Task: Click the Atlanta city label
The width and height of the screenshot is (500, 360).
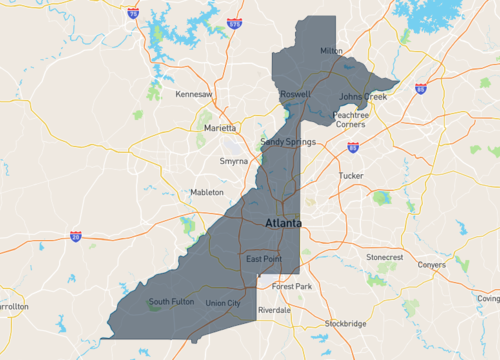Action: pyautogui.click(x=281, y=224)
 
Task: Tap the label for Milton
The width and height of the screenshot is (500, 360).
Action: pyautogui.click(x=330, y=50)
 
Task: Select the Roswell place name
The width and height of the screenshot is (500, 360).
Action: pyautogui.click(x=295, y=95)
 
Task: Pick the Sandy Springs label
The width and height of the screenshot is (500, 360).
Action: pyautogui.click(x=288, y=142)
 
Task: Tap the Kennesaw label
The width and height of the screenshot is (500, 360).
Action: pyautogui.click(x=194, y=95)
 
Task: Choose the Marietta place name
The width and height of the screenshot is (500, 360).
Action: pyautogui.click(x=221, y=128)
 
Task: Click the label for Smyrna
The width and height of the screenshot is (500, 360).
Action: pyautogui.click(x=233, y=160)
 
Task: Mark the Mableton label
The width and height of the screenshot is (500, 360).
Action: pyautogui.click(x=206, y=192)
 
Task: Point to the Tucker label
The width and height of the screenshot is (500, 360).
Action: pyautogui.click(x=351, y=175)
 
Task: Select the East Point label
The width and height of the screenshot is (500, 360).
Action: pyautogui.click(x=264, y=260)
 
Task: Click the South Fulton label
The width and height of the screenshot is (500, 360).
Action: pyautogui.click(x=170, y=301)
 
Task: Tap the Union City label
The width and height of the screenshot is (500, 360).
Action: pyautogui.click(x=222, y=303)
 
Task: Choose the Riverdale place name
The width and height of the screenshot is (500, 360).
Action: pyautogui.click(x=274, y=311)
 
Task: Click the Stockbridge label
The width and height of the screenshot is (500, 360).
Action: pyautogui.click(x=346, y=324)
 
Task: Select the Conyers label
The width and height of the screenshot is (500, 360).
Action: pyautogui.click(x=431, y=265)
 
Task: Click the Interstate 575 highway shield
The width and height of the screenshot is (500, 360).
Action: pyautogui.click(x=233, y=22)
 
